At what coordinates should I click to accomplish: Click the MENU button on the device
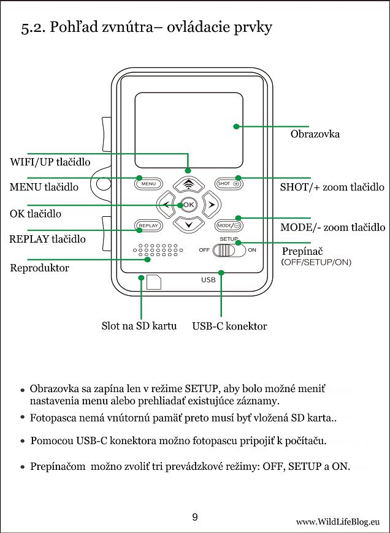(148, 183)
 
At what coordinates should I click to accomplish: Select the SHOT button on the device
(228, 183)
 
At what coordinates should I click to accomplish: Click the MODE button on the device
(227, 225)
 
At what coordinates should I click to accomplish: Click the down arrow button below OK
(188, 225)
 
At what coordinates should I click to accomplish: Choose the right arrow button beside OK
(210, 204)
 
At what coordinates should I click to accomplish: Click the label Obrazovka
(315, 134)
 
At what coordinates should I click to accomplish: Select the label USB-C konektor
(229, 327)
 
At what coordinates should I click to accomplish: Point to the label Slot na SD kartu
(139, 326)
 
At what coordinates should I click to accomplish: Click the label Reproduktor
(40, 268)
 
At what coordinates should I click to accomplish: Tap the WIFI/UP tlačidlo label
(50, 162)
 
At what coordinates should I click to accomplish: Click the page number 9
(195, 517)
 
